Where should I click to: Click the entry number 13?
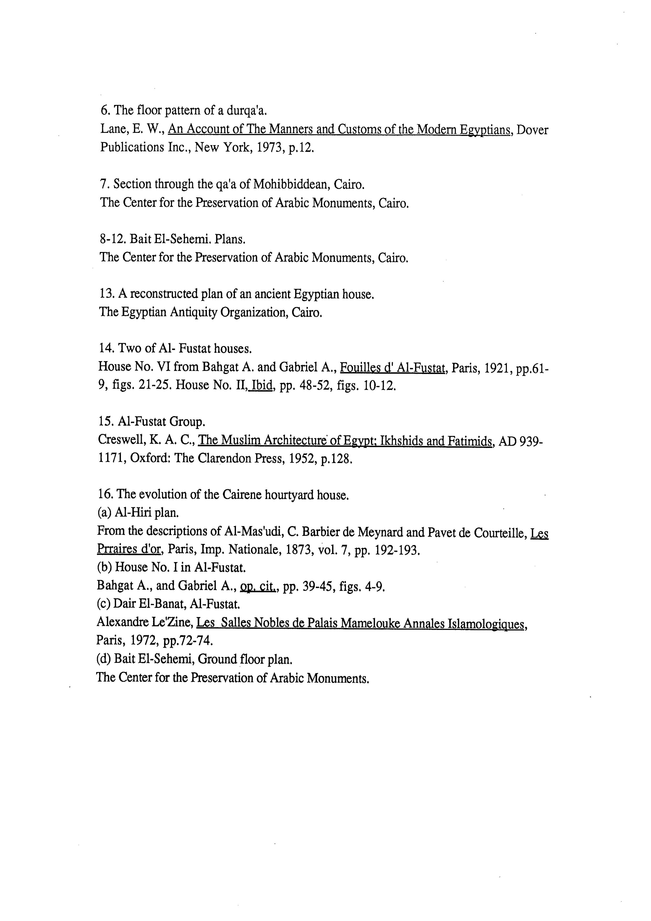[106, 294]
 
